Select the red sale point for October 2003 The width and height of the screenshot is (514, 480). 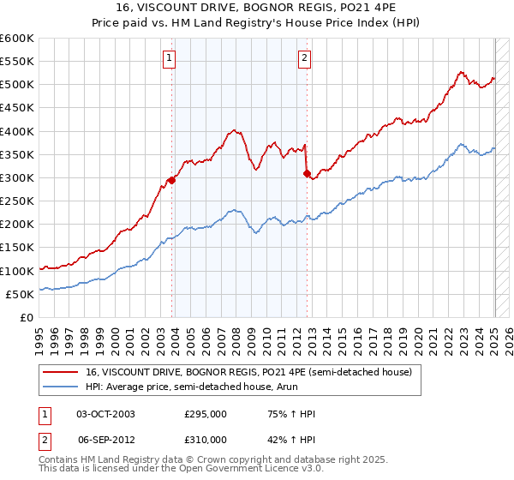point(172,180)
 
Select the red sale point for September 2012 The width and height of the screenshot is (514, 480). point(307,173)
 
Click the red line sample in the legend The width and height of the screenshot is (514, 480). point(61,372)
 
